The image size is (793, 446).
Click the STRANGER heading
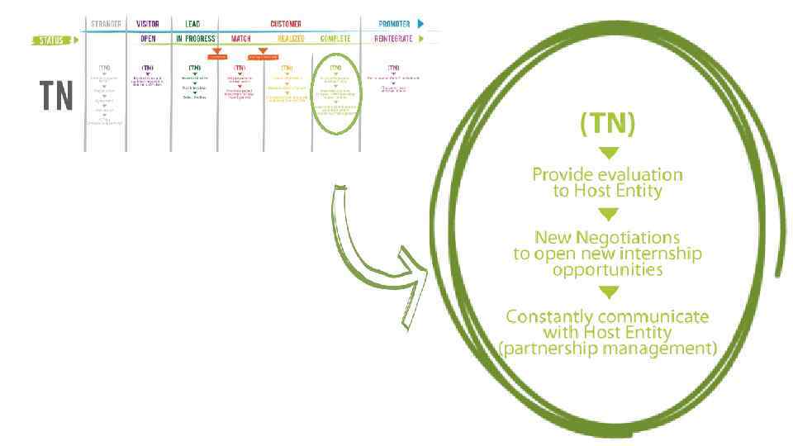pyautogui.click(x=105, y=24)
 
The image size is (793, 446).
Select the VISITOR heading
pyautogui.click(x=147, y=24)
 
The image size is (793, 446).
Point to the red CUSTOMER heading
pyautogui.click(x=286, y=24)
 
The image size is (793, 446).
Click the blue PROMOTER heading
pyautogui.click(x=394, y=24)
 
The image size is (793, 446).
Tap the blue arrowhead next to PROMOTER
pyautogui.click(x=420, y=24)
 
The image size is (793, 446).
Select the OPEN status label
pyautogui.click(x=148, y=39)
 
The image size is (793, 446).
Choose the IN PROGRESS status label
pyautogui.click(x=195, y=39)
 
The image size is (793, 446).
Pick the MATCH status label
pyautogui.click(x=240, y=39)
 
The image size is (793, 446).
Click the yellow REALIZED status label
pyautogui.click(x=290, y=39)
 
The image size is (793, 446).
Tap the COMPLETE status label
pyautogui.click(x=335, y=39)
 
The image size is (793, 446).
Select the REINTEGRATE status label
pyautogui.click(x=393, y=39)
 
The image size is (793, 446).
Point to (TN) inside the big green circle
pyautogui.click(x=607, y=125)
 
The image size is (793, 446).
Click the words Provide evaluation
pyautogui.click(x=607, y=175)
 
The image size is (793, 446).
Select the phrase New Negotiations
pyautogui.click(x=607, y=237)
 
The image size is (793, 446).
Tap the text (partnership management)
pyautogui.click(x=607, y=349)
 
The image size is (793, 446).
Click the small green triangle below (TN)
pyautogui.click(x=608, y=152)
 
